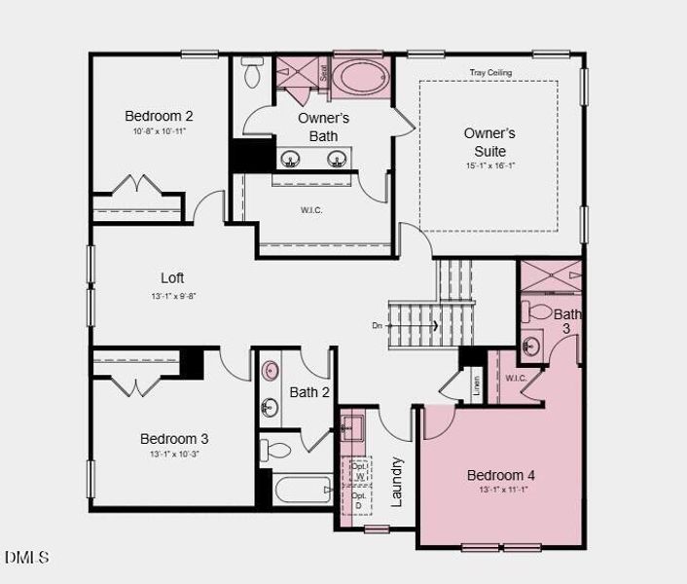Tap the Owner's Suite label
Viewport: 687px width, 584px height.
[489, 142]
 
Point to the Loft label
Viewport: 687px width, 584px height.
[172, 277]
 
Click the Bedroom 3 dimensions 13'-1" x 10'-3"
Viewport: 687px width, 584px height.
[173, 455]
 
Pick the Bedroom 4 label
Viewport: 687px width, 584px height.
[501, 475]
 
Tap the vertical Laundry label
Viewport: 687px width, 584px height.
[396, 481]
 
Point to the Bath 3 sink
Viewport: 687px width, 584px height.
[531, 346]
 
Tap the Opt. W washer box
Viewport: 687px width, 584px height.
[359, 470]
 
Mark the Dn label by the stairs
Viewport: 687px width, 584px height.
[377, 326]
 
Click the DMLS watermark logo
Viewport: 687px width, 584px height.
[26, 557]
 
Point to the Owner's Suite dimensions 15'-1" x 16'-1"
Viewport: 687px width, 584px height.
[488, 166]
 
